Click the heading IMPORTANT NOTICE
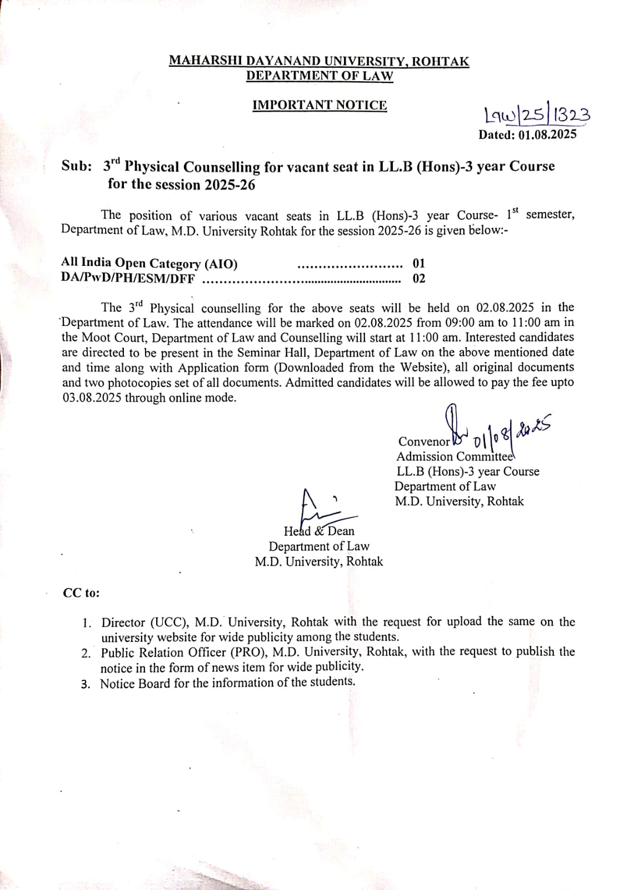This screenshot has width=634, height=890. [x=320, y=105]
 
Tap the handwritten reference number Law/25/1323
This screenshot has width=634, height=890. [x=528, y=115]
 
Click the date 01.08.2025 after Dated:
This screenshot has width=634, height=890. [x=547, y=135]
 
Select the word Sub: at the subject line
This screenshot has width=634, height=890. [x=77, y=167]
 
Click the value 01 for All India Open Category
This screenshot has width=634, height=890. [x=418, y=264]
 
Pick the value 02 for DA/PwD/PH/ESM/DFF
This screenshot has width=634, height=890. [x=419, y=279]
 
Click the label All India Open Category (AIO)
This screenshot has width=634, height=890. [x=149, y=264]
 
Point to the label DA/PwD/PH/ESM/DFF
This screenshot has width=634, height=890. [x=128, y=279]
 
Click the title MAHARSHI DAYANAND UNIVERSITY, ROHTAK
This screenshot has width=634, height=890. [x=319, y=61]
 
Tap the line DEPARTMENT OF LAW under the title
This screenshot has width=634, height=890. [x=320, y=76]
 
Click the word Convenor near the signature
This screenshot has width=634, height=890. [x=424, y=442]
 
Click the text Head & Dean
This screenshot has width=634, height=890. [x=319, y=531]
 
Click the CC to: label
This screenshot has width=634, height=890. [x=81, y=593]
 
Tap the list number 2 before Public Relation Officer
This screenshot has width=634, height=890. [x=86, y=653]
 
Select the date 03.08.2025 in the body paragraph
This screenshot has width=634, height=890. [x=92, y=398]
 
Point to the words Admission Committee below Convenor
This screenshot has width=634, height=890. [x=455, y=457]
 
